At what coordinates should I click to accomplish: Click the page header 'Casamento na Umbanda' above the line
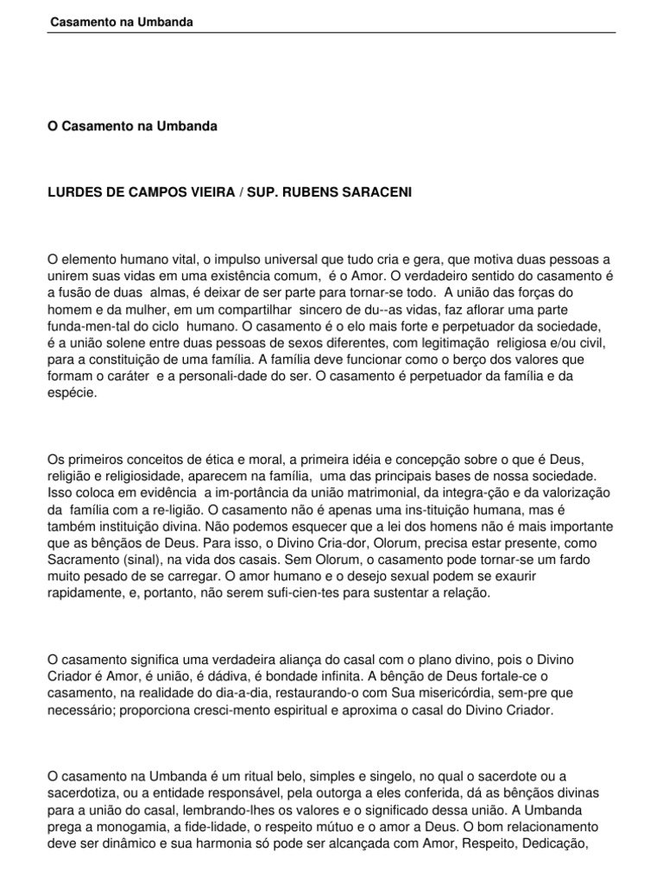point(120,22)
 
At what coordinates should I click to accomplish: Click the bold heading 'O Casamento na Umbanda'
point(132,126)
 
